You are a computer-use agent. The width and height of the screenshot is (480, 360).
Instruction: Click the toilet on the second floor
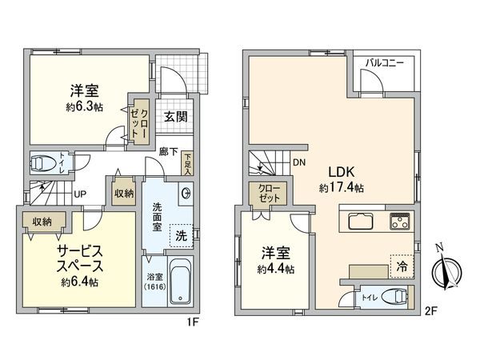click(394, 298)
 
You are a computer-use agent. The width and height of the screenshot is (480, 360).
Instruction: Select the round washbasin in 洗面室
click(186, 192)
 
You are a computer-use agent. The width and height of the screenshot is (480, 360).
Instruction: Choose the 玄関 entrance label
click(176, 115)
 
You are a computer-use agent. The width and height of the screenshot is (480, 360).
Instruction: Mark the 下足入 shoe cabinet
click(186, 164)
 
